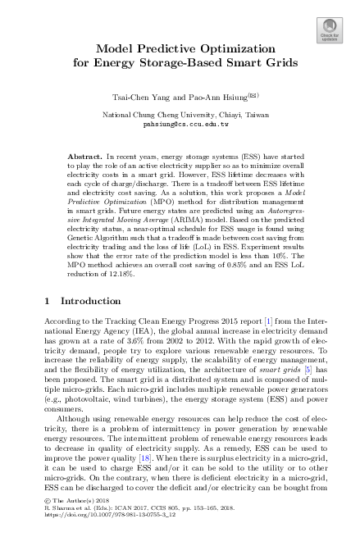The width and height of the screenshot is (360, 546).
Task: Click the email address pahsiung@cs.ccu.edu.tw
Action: (180, 126)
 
